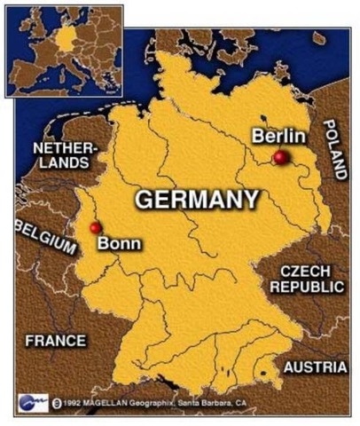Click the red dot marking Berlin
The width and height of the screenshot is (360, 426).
click(x=280, y=157)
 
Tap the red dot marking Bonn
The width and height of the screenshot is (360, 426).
click(x=96, y=228)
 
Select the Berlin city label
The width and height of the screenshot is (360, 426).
click(x=278, y=136)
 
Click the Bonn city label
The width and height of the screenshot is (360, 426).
click(x=119, y=244)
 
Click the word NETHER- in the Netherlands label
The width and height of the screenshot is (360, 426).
click(x=65, y=147)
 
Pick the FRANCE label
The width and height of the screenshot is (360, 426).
click(x=56, y=340)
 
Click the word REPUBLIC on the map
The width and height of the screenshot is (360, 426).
click(x=307, y=287)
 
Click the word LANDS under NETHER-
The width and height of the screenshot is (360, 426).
click(x=65, y=163)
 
